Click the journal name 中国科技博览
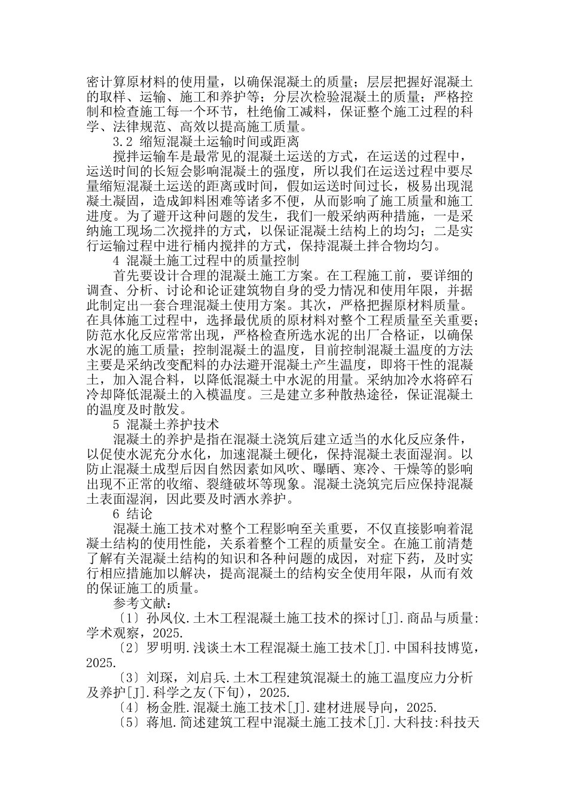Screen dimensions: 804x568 point(428,648)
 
